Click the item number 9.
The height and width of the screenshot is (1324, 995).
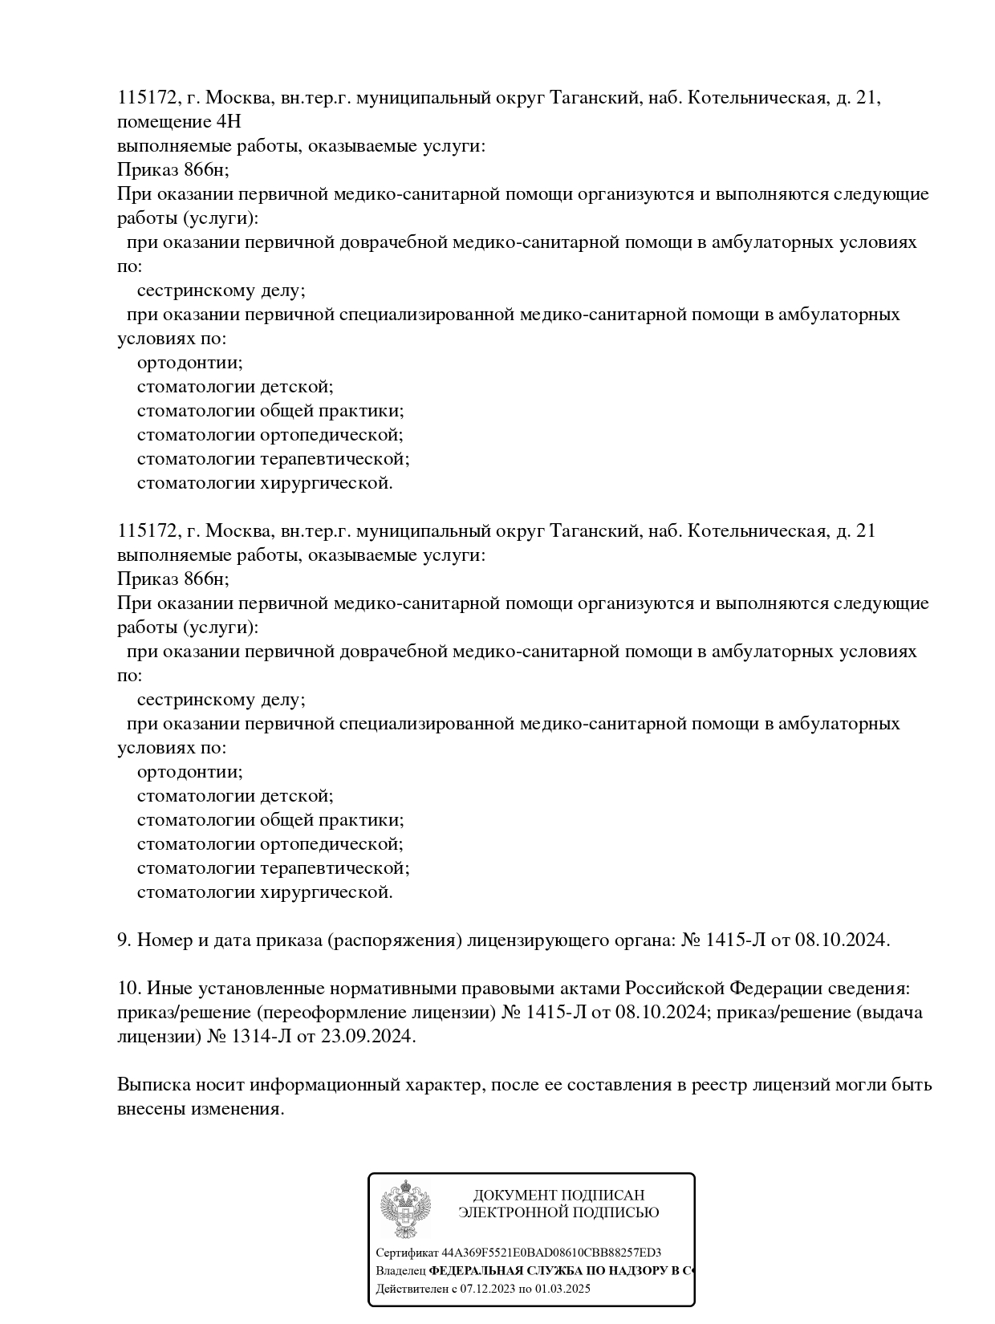tap(123, 940)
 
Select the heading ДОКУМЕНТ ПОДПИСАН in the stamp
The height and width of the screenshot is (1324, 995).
tap(558, 1195)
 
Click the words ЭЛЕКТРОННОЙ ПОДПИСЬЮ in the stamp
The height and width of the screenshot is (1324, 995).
tap(558, 1212)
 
